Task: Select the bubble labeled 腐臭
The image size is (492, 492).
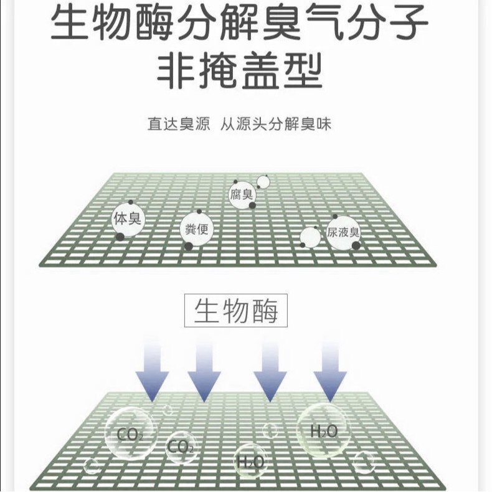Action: pos(242,195)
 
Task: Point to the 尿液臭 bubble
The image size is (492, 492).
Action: pos(343,233)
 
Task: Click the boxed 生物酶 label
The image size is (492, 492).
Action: pos(236,310)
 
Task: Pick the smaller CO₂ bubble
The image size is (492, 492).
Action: pos(181,447)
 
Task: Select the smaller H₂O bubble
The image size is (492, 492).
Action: pos(250,461)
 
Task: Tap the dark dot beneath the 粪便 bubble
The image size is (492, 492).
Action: pos(188,246)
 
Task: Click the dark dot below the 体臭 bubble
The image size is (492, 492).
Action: pos(120,236)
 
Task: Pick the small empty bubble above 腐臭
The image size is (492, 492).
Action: pos(263,182)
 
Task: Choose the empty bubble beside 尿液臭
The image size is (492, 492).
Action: pos(310,237)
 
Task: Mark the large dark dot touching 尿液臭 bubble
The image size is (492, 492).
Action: pos(356,245)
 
